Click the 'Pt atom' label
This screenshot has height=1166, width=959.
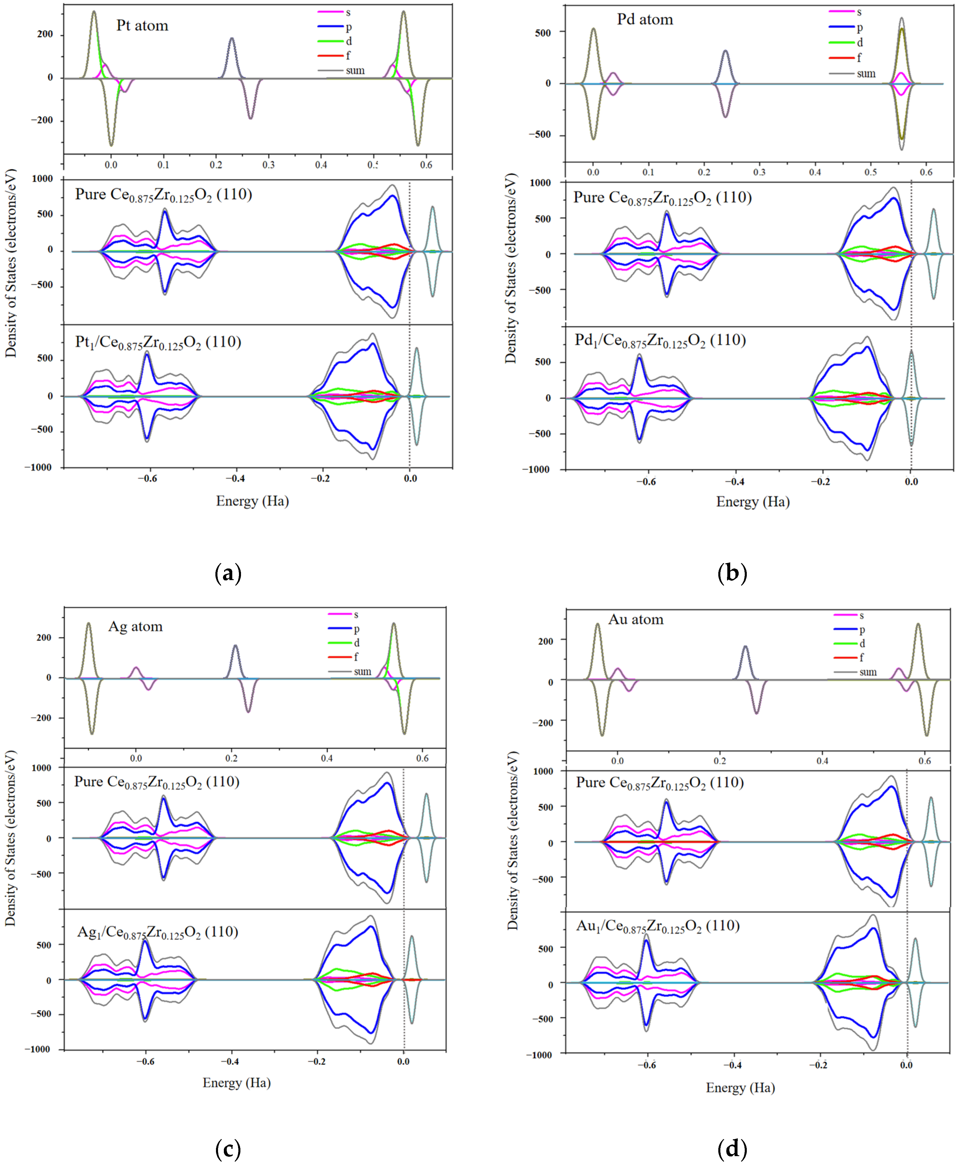point(142,26)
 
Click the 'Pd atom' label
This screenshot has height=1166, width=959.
point(645,20)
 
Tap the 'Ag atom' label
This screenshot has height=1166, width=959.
point(135,626)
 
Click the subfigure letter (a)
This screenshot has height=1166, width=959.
point(228,573)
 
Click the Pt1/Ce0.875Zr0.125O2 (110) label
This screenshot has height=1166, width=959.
point(158,342)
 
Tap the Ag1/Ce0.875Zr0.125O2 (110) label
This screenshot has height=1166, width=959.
point(158,932)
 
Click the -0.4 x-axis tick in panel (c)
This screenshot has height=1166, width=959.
point(230,1062)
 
